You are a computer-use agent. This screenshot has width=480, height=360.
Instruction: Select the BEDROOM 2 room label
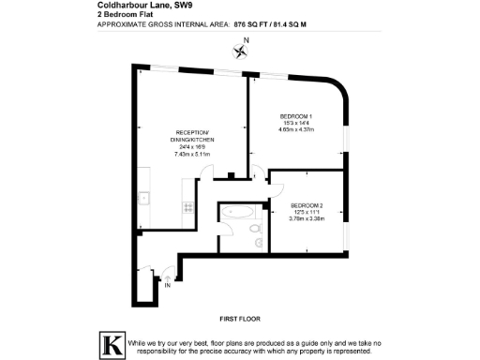tap(306, 205)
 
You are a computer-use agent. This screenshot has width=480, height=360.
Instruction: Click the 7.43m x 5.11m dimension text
tap(192, 154)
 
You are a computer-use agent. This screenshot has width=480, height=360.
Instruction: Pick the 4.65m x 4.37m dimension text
tap(295, 130)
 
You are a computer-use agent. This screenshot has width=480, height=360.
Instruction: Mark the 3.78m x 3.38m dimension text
tap(306, 219)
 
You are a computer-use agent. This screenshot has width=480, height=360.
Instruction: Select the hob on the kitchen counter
tap(187, 206)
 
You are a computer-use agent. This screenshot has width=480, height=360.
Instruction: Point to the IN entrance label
tap(168, 287)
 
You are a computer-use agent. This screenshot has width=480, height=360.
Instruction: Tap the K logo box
tap(112, 344)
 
